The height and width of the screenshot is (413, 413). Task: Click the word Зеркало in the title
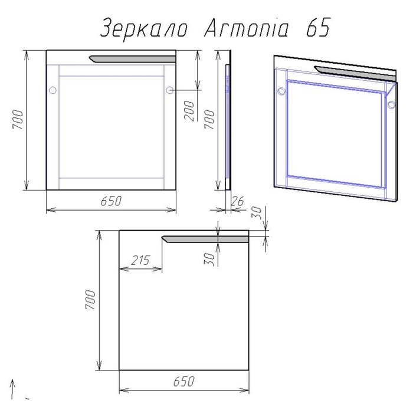144,29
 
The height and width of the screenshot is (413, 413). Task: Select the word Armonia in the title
247,29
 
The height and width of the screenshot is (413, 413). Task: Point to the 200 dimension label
189,109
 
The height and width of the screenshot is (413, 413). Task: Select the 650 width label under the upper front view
110,201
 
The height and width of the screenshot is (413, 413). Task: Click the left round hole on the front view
52,90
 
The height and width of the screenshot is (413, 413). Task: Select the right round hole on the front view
170,90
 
